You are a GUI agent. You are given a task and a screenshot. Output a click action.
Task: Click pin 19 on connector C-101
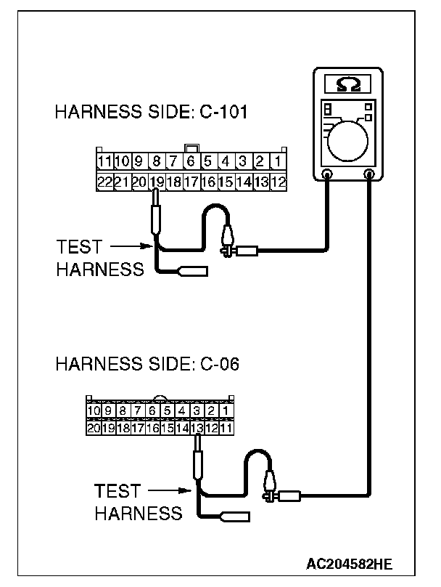click(x=156, y=182)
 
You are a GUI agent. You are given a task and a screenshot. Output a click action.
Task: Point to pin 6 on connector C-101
click(x=190, y=161)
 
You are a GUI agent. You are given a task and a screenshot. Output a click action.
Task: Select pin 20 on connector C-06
click(x=93, y=429)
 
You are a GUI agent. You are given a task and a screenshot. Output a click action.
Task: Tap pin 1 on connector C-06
click(x=226, y=412)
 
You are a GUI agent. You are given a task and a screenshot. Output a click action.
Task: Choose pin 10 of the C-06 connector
click(x=93, y=412)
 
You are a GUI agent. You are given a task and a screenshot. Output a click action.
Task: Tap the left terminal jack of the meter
click(x=327, y=175)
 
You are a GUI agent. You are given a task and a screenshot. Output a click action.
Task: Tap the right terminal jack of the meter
click(x=370, y=175)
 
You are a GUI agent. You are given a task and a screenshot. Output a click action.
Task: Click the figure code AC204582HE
click(x=350, y=563)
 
